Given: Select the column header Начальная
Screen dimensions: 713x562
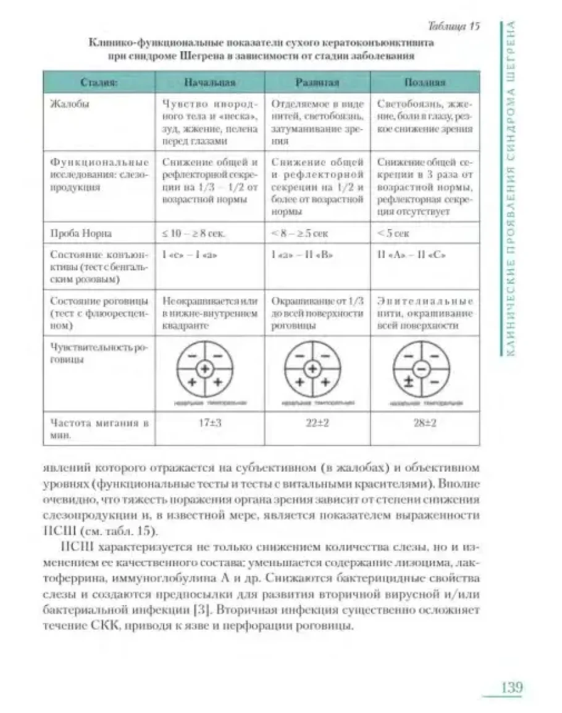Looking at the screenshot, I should click(x=209, y=82).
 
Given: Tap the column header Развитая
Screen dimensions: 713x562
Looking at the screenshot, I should click(x=316, y=82).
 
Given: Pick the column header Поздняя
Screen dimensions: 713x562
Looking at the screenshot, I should click(x=425, y=82).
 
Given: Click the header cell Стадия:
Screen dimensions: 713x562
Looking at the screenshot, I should click(x=99, y=82).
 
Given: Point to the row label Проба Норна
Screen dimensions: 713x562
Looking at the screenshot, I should click(x=77, y=235).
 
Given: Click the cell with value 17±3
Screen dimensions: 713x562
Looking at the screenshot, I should click(x=209, y=425).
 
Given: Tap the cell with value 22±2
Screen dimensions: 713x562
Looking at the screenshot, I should click(x=316, y=425).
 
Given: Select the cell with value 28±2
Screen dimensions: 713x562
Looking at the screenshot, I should click(x=425, y=425).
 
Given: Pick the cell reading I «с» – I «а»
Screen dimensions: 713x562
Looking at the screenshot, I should click(x=188, y=254).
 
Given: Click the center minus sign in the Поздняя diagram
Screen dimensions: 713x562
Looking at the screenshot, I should click(x=420, y=369).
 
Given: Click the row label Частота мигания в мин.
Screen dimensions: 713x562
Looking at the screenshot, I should click(x=99, y=430).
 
